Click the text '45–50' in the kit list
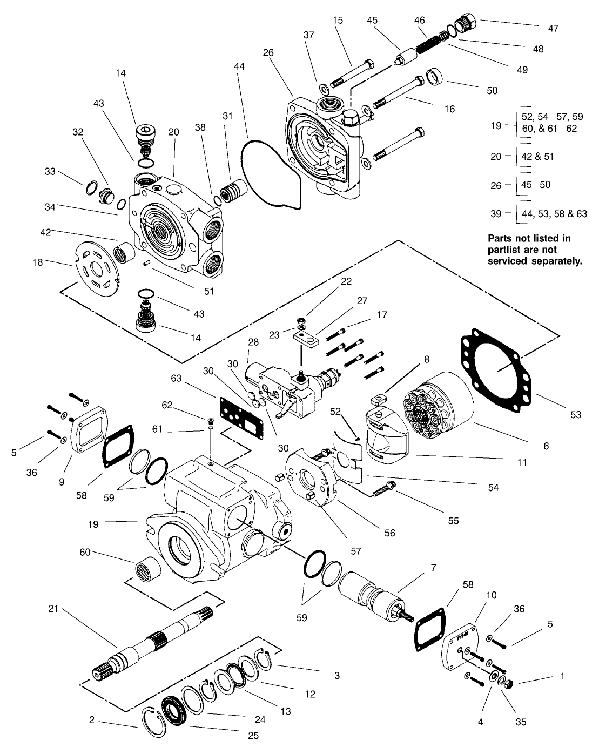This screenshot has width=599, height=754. pos(536,185)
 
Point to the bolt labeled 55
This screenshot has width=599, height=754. pos(383,489)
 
